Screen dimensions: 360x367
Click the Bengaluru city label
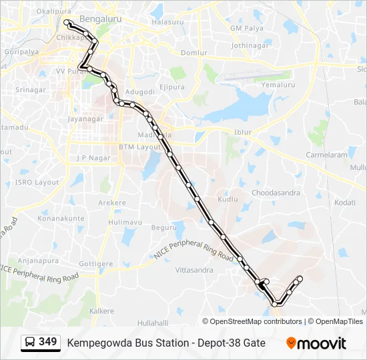[100, 19]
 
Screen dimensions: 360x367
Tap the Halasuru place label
[167, 22]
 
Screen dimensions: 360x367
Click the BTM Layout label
[135, 147]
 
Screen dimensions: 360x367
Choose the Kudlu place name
[228, 199]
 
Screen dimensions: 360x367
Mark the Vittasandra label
[194, 270]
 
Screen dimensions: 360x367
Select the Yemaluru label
[278, 85]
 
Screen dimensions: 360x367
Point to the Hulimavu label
[125, 222]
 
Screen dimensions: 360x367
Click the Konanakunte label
[61, 218]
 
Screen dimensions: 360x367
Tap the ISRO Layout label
[37, 182]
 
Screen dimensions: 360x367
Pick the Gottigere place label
[96, 264]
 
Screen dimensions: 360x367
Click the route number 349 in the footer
[47, 342]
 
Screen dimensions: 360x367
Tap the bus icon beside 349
[30, 343]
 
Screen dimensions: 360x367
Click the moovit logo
[316, 343]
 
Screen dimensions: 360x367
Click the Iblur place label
[243, 132]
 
